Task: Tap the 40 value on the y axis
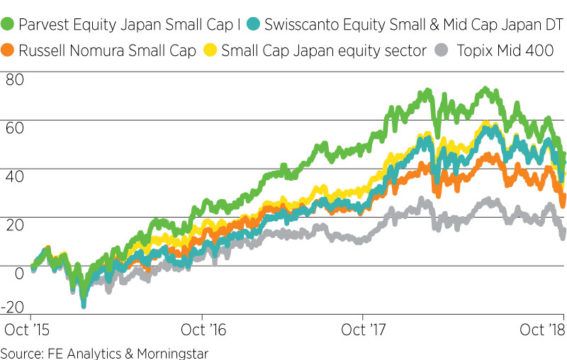pos(14,175)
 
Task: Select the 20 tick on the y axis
pos(14,222)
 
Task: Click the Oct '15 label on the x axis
pos(25,328)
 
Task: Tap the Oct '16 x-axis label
pos(202,328)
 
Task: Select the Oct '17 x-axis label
pos(362,328)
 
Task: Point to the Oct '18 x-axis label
pos(539,328)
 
